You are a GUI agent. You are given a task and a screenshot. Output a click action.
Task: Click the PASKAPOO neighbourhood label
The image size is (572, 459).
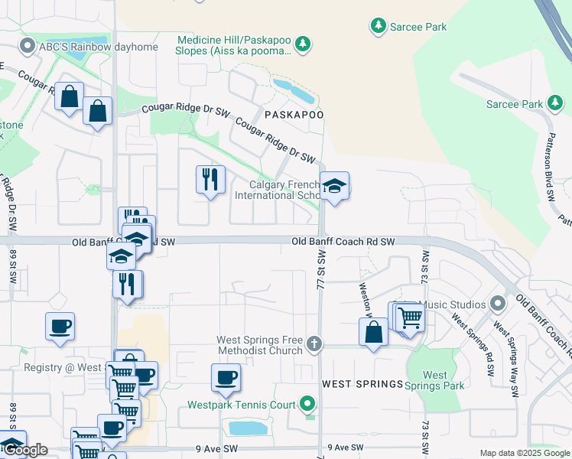pos(294,114)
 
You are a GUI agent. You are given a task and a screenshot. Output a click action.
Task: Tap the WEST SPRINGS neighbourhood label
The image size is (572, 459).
pos(362,383)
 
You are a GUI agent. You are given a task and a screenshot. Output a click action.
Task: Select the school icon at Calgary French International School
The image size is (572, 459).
pos(334,187)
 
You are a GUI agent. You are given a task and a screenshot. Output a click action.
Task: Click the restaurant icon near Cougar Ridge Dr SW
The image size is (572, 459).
pos(210,181)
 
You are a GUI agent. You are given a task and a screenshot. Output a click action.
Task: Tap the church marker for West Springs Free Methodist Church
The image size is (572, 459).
pos(314,344)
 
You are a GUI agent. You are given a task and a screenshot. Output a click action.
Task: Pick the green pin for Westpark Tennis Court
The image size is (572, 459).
pos(307,402)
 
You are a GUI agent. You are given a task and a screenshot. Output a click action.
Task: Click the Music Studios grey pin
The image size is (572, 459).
pos(499,304)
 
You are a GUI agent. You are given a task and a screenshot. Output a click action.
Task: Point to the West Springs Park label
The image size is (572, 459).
pos(435,380)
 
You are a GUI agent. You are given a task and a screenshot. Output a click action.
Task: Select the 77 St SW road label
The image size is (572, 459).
pos(320,272)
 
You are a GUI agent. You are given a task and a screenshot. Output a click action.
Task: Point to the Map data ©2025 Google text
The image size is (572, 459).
pos(525,453)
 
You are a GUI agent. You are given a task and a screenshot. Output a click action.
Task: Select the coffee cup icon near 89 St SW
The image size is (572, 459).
pos(60,327)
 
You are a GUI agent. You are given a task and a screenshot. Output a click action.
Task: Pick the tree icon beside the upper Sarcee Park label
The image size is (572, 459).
pos(378,27)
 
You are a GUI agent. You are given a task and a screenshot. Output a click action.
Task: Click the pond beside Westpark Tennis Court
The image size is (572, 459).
pos(249,428)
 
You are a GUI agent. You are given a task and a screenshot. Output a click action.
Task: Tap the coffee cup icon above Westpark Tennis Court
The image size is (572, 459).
pos(226,378)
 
